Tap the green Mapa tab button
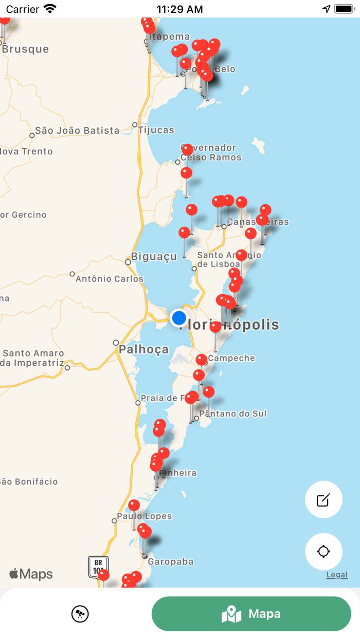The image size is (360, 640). (251, 613)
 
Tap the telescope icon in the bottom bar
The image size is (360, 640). (80, 613)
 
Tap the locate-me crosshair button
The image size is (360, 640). (323, 552)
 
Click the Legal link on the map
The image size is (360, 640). (337, 575)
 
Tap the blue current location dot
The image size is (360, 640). (179, 317)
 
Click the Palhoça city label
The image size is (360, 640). (143, 349)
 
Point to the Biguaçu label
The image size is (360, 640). (154, 256)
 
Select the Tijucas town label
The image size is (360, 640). (156, 130)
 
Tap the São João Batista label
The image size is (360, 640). (77, 131)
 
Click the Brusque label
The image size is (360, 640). (25, 49)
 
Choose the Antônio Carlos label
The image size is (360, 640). (110, 279)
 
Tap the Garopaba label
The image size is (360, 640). (171, 561)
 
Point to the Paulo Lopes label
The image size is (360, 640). (145, 516)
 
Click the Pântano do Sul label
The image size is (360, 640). (233, 414)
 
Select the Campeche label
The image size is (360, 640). (231, 358)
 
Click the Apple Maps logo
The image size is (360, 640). (31, 574)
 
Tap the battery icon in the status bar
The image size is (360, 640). (344, 9)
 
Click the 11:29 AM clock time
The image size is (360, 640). (179, 9)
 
